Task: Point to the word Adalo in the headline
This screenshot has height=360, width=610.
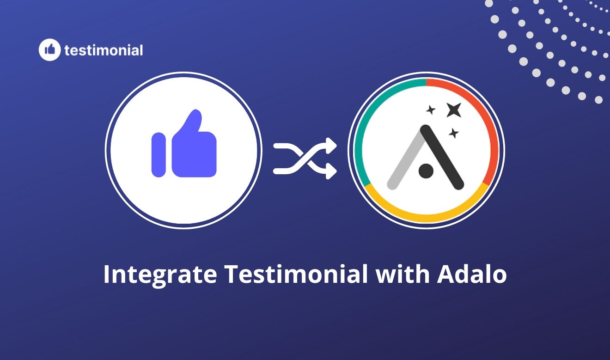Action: pyautogui.click(x=471, y=274)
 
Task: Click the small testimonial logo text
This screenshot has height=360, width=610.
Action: pyautogui.click(x=104, y=50)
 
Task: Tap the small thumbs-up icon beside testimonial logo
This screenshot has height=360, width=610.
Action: pyautogui.click(x=50, y=49)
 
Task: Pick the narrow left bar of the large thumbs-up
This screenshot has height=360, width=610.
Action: pyautogui.click(x=159, y=154)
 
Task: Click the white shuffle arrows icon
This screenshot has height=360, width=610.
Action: pyautogui.click(x=305, y=158)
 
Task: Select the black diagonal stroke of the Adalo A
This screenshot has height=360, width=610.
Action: pyautogui.click(x=443, y=157)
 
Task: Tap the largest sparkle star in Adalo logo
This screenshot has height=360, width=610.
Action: pyautogui.click(x=453, y=110)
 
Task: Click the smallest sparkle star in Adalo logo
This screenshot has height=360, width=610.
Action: pyautogui.click(x=431, y=110)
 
